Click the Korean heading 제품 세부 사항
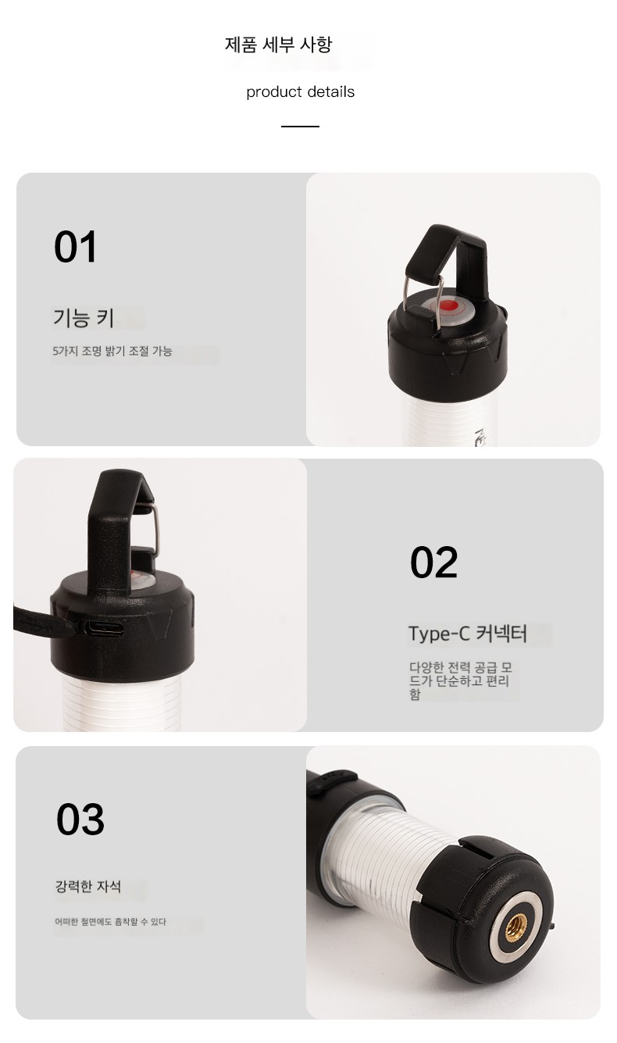(278, 45)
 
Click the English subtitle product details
(300, 91)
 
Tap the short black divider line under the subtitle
(300, 127)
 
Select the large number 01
(76, 246)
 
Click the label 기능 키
(84, 318)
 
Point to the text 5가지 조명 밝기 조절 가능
(112, 351)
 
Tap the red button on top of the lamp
(449, 306)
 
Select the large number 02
(433, 562)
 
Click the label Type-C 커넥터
(468, 634)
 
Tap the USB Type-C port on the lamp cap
(105, 628)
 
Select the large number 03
(80, 819)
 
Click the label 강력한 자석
(88, 886)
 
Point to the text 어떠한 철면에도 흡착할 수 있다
(110, 921)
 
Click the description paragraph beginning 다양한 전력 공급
(461, 680)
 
